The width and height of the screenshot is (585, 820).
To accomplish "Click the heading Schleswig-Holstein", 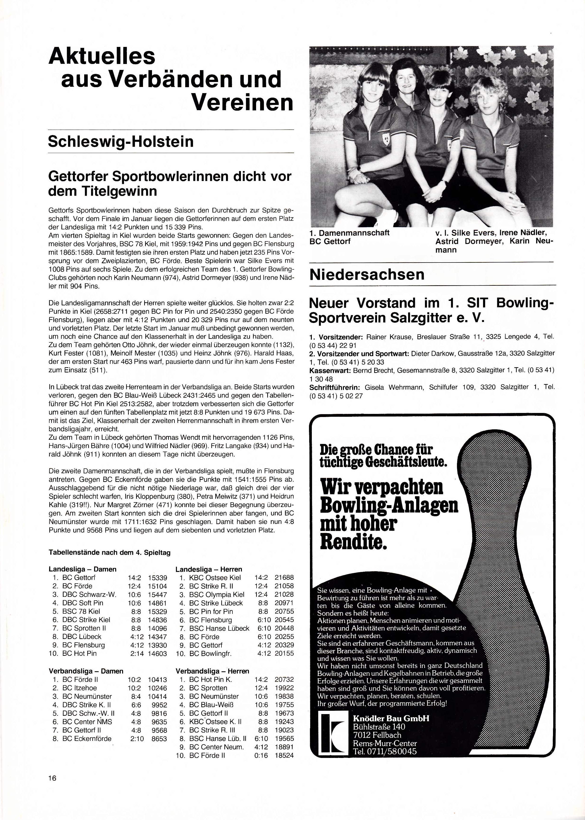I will [x=121, y=141].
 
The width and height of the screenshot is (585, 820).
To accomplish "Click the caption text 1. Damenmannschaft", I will [x=350, y=233].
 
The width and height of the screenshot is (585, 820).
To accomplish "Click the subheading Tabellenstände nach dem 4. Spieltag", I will [x=110, y=552].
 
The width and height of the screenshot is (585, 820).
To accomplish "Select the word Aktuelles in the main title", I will [x=102, y=56].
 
